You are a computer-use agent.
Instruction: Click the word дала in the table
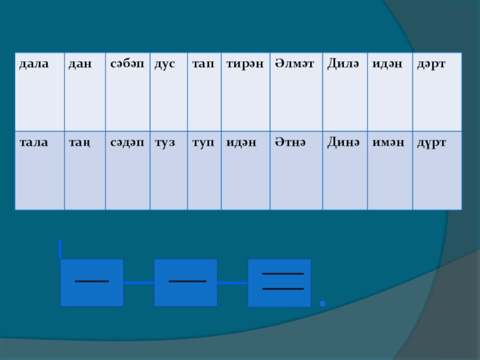[x=34, y=63]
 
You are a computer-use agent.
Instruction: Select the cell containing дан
[x=79, y=63]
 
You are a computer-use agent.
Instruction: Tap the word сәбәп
[x=127, y=63]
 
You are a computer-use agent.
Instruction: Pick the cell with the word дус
[x=165, y=63]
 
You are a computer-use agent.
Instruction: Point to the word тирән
[x=244, y=63]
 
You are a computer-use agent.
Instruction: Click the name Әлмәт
[x=295, y=63]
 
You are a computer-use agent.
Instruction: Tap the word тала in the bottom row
[x=34, y=142]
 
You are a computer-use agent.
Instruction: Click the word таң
[x=79, y=143]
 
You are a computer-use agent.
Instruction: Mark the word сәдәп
[x=127, y=142]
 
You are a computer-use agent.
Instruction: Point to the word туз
[x=165, y=142]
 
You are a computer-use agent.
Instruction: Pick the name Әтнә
[x=290, y=142]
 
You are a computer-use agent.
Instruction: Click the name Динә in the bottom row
[x=343, y=142]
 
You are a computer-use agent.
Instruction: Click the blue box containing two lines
[x=280, y=283]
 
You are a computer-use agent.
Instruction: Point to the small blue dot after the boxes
[x=322, y=304]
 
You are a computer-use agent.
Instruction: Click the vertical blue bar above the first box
[x=60, y=250]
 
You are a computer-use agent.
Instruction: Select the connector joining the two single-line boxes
[x=139, y=282]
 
